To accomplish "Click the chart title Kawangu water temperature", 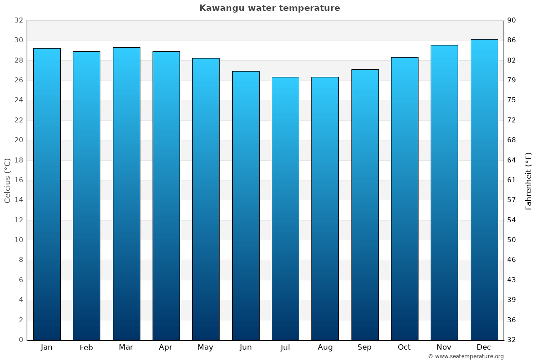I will click(x=270, y=8).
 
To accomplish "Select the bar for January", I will click(x=47, y=194).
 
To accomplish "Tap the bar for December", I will click(x=484, y=189).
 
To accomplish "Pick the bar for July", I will click(x=285, y=208).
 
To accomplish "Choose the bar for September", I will click(x=365, y=204).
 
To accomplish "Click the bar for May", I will click(x=206, y=199).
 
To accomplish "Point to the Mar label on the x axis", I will click(x=126, y=347).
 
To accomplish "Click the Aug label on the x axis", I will click(x=325, y=347).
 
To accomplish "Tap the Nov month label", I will click(x=444, y=347).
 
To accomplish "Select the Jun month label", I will click(x=246, y=347).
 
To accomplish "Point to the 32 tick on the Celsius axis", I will click(x=18, y=20).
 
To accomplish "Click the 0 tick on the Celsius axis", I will click(x=21, y=340).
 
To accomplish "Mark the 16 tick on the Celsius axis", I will click(x=18, y=180).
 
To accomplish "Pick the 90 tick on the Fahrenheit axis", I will click(x=512, y=20).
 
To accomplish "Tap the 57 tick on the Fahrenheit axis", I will click(x=512, y=200).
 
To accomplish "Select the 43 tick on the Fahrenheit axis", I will click(x=512, y=280).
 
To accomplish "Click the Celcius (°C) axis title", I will click(x=8, y=180).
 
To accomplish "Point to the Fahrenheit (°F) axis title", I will click(x=528, y=180).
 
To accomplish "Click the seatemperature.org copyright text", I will click(x=466, y=356).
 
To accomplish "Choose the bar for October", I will click(x=405, y=198).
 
